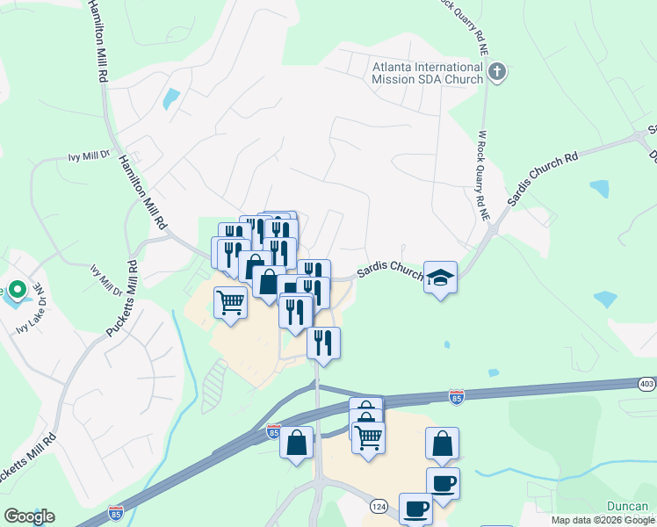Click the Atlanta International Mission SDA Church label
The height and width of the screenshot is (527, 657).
pos(428,72)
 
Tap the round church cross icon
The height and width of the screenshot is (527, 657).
pos(497,72)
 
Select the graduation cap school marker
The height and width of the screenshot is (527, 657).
pos(440,278)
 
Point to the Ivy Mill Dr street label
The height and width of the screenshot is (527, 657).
pos(88,157)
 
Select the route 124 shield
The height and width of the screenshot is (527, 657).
pos(379,507)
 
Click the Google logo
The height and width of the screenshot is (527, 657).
pos(29,516)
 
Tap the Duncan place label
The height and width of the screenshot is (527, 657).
pos(628,506)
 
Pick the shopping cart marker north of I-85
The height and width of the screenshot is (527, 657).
pos(230,302)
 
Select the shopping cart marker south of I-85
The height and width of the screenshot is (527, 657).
pos(368,436)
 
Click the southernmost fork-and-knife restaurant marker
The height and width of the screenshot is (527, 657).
pos(323,343)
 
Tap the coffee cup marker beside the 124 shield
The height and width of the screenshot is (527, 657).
pos(415,508)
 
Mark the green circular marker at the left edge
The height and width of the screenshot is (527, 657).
pos(3,292)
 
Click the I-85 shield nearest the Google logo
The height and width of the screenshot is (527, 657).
pos(116,512)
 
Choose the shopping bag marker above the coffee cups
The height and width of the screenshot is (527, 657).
pos(443,444)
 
